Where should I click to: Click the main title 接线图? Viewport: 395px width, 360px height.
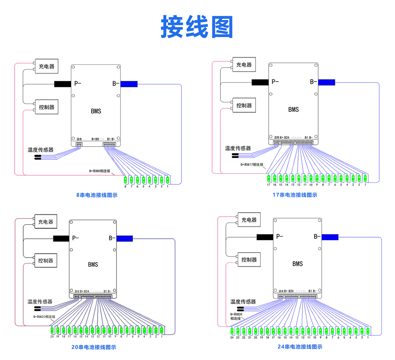pos(197,27)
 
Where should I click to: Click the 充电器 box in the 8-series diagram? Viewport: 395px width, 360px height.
pos(46,66)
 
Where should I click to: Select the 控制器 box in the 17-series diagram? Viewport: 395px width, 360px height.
pos(244,106)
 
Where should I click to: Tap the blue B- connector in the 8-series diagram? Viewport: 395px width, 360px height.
pos(129,84)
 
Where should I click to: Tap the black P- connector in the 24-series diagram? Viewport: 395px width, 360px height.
pos(265,237)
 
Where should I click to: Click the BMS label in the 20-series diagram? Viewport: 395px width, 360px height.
pos(93,264)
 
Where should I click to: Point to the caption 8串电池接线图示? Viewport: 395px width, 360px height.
pos(97,195)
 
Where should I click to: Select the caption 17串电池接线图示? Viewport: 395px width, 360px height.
pos(295,195)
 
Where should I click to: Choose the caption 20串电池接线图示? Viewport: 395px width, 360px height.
pos(93,347)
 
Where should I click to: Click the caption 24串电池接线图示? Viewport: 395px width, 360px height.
pos(300,347)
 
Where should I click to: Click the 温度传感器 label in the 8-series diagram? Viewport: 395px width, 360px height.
pos(40,150)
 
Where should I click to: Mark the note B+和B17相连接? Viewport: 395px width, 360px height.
pos(252,164)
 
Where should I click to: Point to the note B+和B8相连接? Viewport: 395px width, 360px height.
pos(100,171)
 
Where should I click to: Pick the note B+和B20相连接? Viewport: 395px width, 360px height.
pos(44,317)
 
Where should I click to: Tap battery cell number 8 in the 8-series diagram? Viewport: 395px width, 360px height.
pos(125,180)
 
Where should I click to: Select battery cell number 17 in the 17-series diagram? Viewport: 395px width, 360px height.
pos(269,178)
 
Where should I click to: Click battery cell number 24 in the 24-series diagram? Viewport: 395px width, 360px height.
pos(232,330)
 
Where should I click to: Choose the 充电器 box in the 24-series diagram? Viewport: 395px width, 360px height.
pos(249,220)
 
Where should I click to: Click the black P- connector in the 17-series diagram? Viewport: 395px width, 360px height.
pos(260,82)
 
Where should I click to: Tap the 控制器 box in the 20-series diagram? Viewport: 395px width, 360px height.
pos(46,261)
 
